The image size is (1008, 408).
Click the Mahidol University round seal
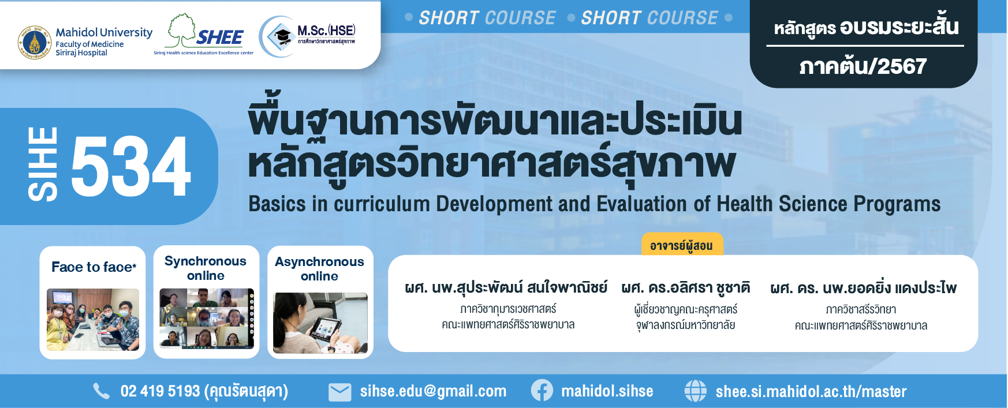click(35, 43)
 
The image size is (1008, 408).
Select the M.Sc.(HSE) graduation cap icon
click(282, 36)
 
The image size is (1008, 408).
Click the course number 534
click(131, 166)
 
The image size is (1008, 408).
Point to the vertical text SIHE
click(43, 164)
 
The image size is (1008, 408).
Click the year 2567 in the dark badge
click(901, 66)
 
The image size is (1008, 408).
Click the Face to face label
click(94, 267)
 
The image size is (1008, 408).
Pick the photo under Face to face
click(93, 320)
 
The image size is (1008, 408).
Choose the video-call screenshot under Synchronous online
click(207, 319)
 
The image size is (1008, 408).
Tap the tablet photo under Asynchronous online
click(320, 323)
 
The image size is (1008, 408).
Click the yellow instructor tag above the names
click(682, 245)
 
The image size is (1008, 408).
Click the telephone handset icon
click(101, 391)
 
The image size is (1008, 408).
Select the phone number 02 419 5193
click(160, 391)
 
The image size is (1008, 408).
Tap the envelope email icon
click(339, 392)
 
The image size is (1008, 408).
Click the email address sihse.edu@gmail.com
click(433, 391)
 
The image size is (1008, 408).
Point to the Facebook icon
click(542, 391)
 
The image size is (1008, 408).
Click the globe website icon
click(695, 391)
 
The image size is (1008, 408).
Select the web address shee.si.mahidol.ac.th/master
click(811, 391)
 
